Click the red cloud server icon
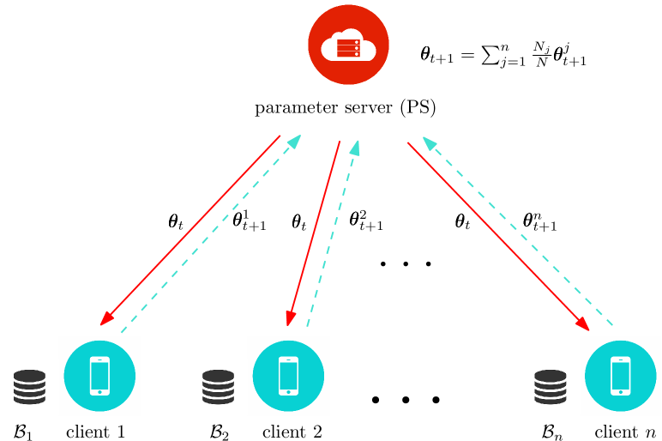tap(348, 45)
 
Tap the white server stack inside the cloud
tap(348, 48)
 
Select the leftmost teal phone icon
tap(99, 376)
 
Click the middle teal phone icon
tap(288, 376)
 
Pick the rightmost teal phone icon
tap(620, 376)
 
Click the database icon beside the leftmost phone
tap(29, 387)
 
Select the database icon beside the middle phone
tap(218, 387)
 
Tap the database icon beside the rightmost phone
tap(550, 387)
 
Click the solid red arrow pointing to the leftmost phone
tap(190, 231)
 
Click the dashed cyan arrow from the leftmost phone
tap(211, 233)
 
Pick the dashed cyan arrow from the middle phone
tap(332, 233)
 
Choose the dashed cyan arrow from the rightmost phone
tap(518, 232)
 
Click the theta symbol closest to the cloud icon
tap(425, 53)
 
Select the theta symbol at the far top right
tap(558, 54)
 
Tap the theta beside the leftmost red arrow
tap(173, 220)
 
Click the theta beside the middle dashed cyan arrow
tap(354, 219)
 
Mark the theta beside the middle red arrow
tap(296, 221)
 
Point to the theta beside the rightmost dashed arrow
tap(527, 220)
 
